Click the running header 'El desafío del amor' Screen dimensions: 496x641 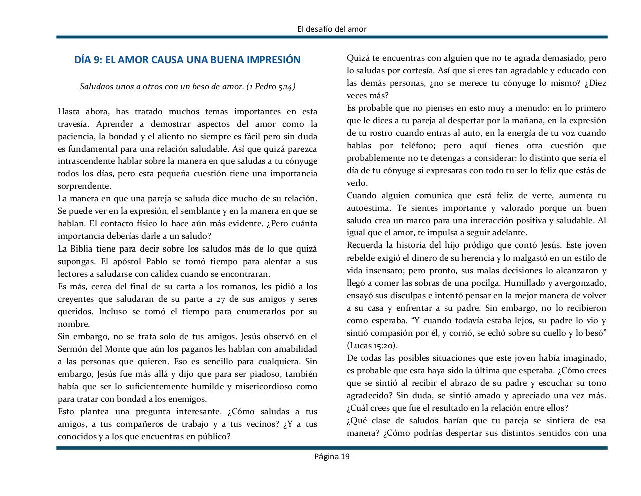[332, 29]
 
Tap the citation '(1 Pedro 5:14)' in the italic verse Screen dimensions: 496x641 [271, 86]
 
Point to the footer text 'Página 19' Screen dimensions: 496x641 [332, 456]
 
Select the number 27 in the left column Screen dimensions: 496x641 [222, 299]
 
